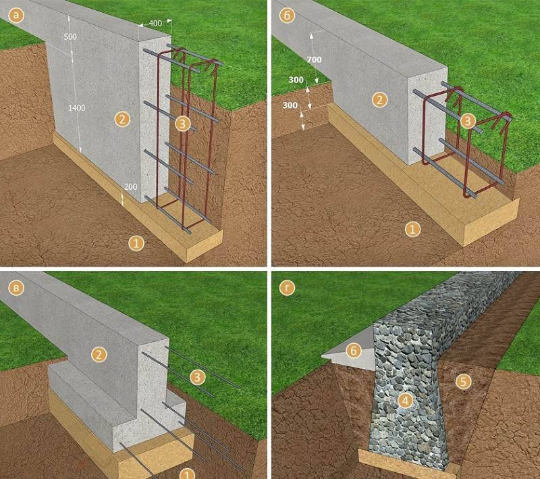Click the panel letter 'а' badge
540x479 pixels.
pyautogui.click(x=16, y=16)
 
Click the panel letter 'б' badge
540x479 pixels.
pyautogui.click(x=287, y=16)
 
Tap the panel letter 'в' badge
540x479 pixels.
pyautogui.click(x=16, y=288)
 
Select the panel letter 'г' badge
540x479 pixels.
pyautogui.click(x=287, y=288)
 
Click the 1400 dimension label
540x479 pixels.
pyautogui.click(x=76, y=108)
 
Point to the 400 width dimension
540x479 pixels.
pyautogui.click(x=155, y=23)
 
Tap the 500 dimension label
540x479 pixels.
pyautogui.click(x=70, y=36)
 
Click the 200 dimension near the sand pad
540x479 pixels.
pyautogui.click(x=130, y=186)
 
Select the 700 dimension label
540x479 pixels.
pyautogui.click(x=314, y=59)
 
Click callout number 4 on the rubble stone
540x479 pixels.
pyautogui.click(x=405, y=400)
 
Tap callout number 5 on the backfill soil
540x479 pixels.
pyautogui.click(x=463, y=382)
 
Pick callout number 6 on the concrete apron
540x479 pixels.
pyautogui.click(x=353, y=351)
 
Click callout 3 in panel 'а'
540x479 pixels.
pyautogui.click(x=182, y=124)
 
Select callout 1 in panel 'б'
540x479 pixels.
pyautogui.click(x=412, y=229)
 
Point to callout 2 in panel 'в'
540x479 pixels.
pyautogui.click(x=99, y=355)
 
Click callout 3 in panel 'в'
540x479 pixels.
pyautogui.click(x=197, y=378)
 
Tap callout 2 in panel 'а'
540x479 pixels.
pyautogui.click(x=122, y=120)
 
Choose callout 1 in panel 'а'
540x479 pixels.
pyautogui.click(x=136, y=243)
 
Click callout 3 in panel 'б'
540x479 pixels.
pyautogui.click(x=468, y=121)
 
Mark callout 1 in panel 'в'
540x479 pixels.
pyautogui.click(x=187, y=474)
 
